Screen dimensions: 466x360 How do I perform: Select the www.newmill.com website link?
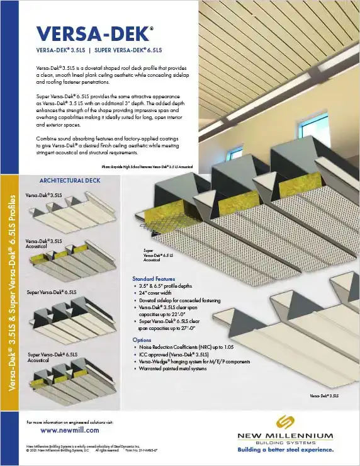[69, 430]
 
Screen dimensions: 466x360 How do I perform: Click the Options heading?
[142, 339]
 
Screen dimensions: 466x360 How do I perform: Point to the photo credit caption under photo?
[146, 167]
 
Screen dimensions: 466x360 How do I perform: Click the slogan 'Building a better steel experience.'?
[284, 450]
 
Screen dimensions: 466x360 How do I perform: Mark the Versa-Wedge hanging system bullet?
[194, 362]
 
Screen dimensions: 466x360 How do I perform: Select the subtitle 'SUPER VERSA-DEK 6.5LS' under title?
[128, 50]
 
